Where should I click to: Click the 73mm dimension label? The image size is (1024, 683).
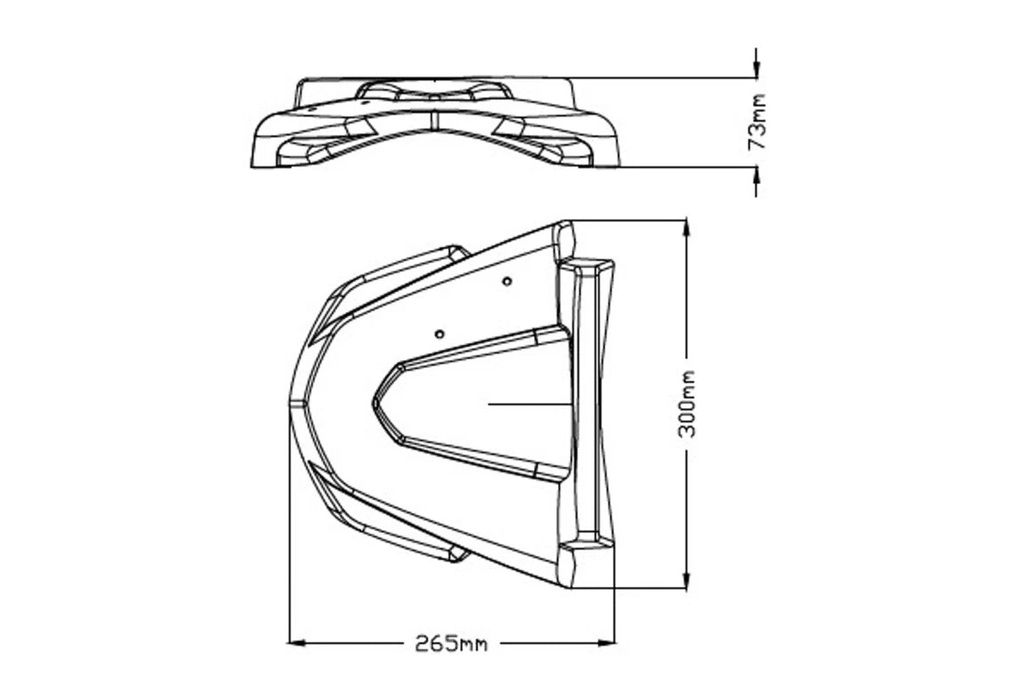point(757,122)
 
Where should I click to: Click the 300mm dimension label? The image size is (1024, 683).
point(687,405)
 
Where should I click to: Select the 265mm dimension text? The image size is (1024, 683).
point(451,643)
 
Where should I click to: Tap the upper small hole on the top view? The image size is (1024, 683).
point(506,282)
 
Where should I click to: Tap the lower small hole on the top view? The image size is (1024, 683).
point(439,333)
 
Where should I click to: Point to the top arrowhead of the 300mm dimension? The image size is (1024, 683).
point(686,227)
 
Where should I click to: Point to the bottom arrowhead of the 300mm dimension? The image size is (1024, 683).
point(686,581)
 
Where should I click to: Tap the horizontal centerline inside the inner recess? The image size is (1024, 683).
point(529,405)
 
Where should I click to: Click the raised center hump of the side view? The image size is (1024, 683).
point(433,90)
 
